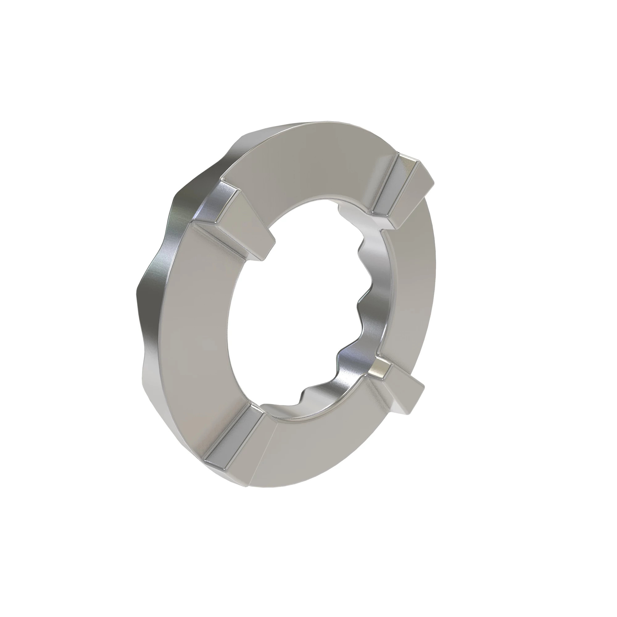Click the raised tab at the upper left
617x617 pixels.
click(233, 220)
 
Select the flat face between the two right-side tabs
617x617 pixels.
click(412, 288)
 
